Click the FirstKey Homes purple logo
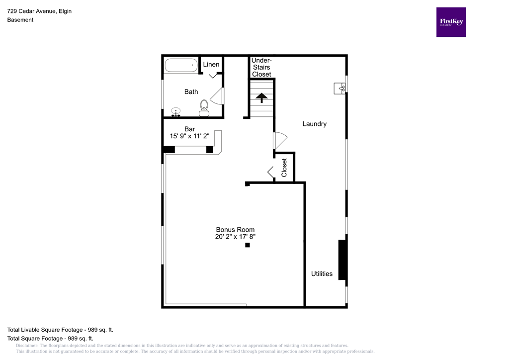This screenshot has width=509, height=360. click(x=451, y=22)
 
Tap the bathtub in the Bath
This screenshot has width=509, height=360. click(x=181, y=66)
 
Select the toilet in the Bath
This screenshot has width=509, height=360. click(x=204, y=107)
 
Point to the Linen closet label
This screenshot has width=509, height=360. click(x=211, y=65)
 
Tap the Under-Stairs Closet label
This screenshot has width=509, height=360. click(x=261, y=67)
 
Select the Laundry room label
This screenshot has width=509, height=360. click(x=314, y=124)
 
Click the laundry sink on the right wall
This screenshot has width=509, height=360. click(x=340, y=89)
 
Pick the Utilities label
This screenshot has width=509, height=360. click(x=322, y=273)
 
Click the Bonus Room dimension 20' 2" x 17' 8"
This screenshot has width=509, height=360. click(x=235, y=237)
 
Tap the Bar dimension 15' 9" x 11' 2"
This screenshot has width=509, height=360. click(x=189, y=136)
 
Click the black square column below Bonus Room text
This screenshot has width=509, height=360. click(x=248, y=245)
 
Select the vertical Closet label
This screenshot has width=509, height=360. click(x=284, y=168)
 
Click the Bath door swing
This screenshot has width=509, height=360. click(x=217, y=96)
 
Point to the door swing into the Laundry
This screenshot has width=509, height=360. click(x=280, y=140)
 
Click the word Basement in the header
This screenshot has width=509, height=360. click(x=20, y=20)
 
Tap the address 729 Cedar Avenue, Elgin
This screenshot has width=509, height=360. click(x=39, y=11)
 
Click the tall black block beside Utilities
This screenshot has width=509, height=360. click(x=342, y=260)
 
